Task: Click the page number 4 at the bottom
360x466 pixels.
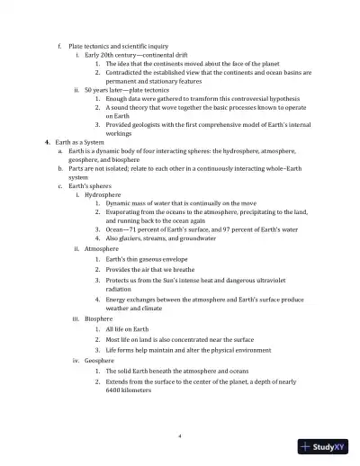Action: [x=180, y=435]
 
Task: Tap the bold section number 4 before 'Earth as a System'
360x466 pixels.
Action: [x=47, y=143]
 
